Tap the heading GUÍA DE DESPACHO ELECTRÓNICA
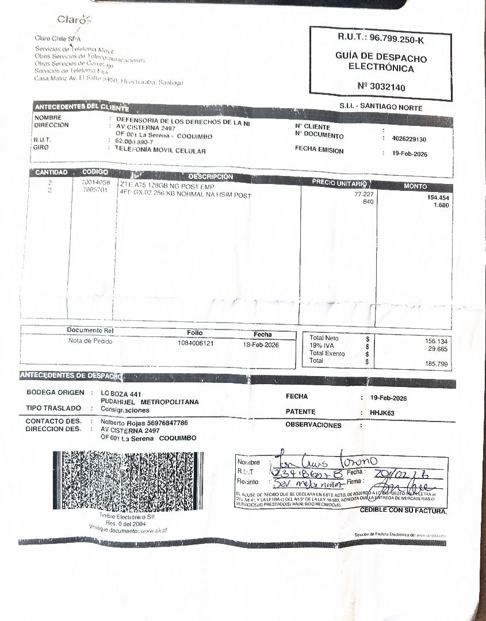[x=381, y=63]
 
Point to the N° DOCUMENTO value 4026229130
[x=409, y=139]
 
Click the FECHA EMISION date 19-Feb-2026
[x=410, y=154]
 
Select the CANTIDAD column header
[x=51, y=172]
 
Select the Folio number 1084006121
[x=196, y=343]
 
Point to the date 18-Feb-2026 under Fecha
[x=261, y=344]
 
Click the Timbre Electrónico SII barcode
[x=128, y=481]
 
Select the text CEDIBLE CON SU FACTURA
[x=403, y=511]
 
